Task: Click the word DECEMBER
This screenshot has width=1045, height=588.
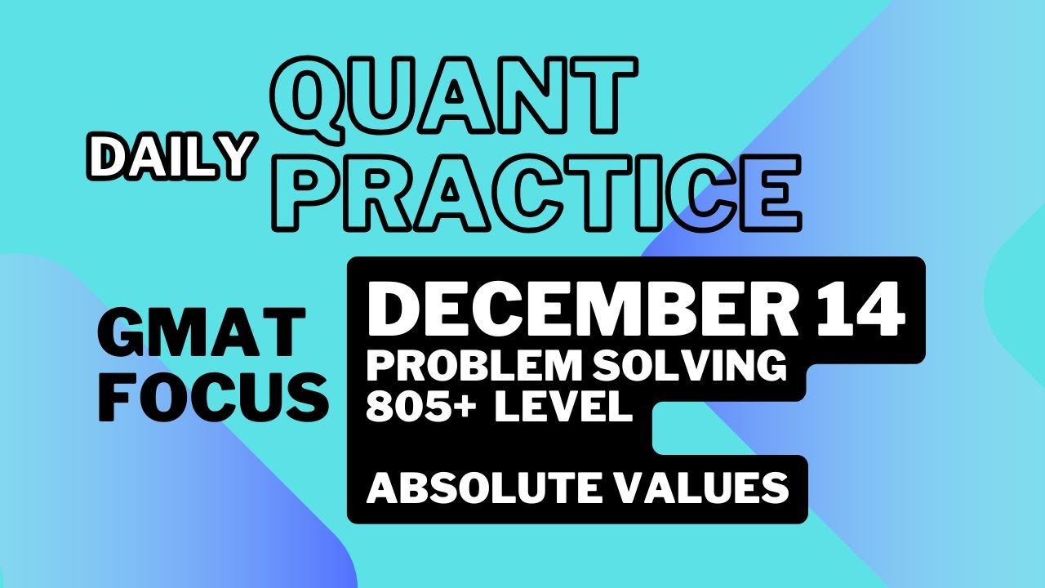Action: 583,311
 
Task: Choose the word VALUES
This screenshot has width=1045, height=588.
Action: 704,488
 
